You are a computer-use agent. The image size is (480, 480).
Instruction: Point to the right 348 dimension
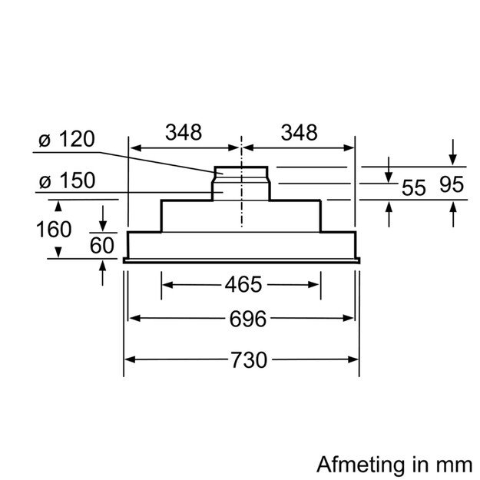click(298, 133)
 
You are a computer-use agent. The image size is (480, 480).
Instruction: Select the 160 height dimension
click(53, 229)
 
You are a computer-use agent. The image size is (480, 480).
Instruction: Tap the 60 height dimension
click(102, 245)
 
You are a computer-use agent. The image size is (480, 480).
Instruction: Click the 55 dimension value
click(413, 187)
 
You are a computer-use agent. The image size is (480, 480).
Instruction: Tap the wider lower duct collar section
click(241, 189)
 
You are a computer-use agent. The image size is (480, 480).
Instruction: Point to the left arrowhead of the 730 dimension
click(131, 359)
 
